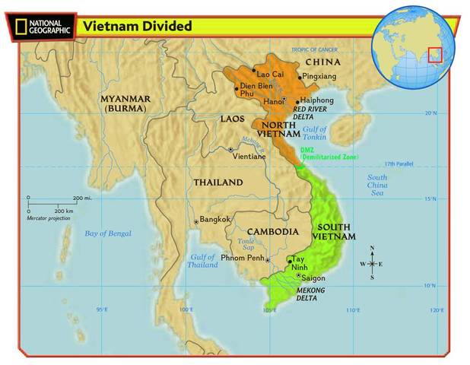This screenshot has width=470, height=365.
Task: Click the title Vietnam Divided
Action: (137, 26)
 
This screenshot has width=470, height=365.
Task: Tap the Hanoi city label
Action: (273, 100)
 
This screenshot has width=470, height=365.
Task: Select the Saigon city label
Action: (313, 278)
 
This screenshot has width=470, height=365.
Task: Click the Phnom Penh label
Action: (242, 259)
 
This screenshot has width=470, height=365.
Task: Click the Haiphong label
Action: (317, 100)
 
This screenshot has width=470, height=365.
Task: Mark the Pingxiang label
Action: (319, 77)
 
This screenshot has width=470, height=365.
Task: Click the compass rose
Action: (372, 264)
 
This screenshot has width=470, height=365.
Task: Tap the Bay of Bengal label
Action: (107, 233)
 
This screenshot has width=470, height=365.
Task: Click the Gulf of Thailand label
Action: (203, 261)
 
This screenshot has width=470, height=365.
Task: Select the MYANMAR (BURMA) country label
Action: (125, 103)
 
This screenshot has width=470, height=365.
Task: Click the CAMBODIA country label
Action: (272, 231)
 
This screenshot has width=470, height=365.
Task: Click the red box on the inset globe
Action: (434, 55)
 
